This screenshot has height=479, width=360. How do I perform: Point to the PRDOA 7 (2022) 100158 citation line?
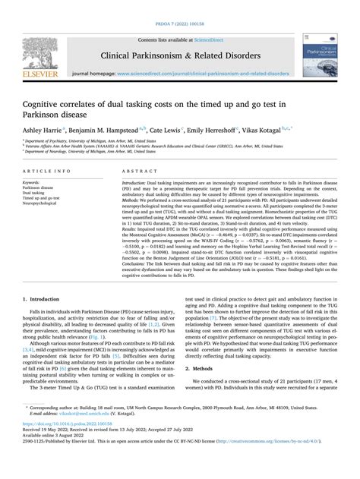[179, 6]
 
